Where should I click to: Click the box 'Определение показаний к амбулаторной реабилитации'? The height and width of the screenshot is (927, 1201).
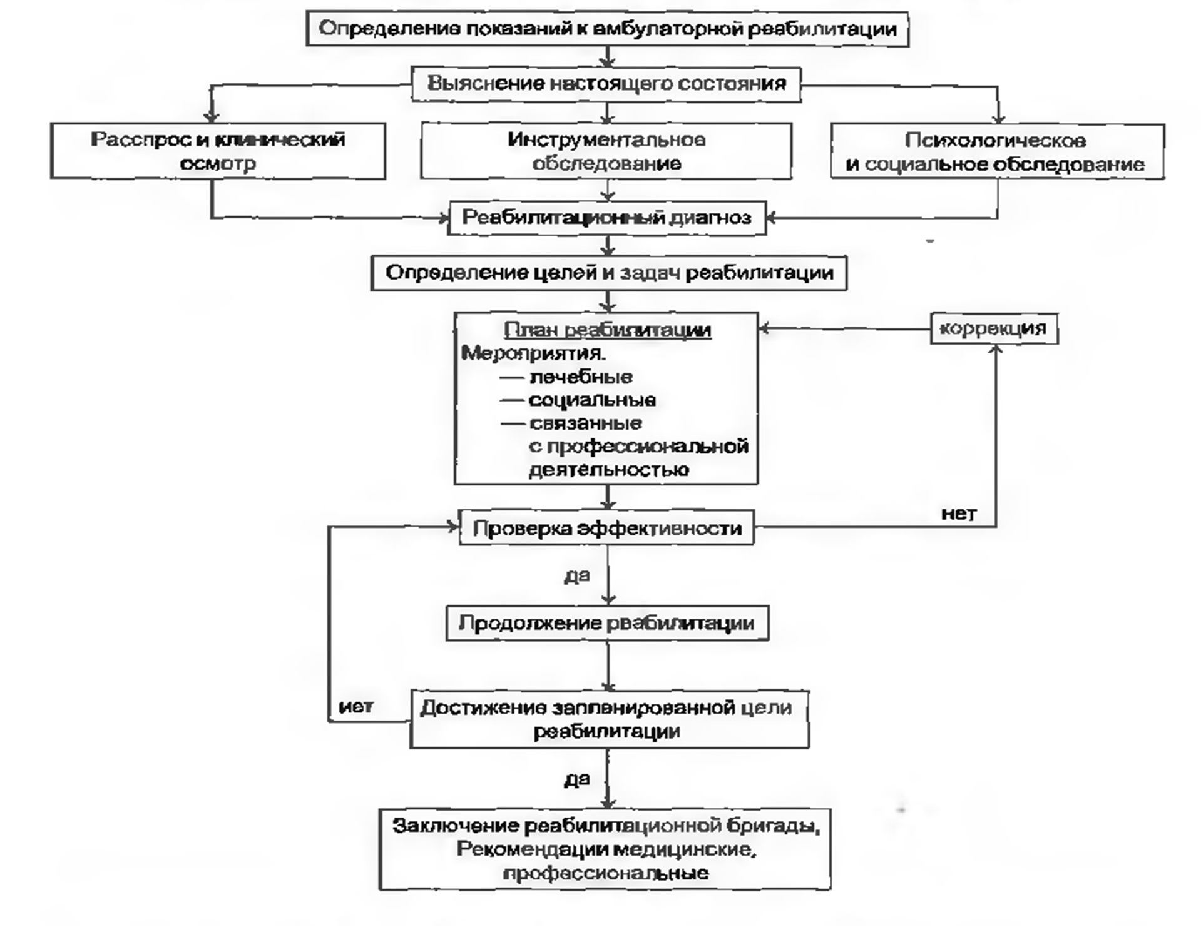coord(606,29)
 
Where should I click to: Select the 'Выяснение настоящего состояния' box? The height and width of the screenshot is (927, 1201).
coord(606,84)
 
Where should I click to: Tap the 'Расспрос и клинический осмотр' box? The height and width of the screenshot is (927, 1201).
coord(218,151)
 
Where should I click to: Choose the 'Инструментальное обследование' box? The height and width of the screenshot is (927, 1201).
coord(606,151)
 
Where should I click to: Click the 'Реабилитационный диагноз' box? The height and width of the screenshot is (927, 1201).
coord(606,218)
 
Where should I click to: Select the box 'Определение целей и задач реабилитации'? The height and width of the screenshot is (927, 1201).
coord(608,273)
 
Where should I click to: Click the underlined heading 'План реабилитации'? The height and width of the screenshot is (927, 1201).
coord(607,330)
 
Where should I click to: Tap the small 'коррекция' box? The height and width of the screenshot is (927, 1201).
coord(993,328)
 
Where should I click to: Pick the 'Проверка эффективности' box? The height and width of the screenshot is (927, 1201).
coord(606,529)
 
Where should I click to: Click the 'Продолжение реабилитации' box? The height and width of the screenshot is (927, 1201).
coord(606,623)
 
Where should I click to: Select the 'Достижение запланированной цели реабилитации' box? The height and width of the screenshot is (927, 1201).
coord(609,719)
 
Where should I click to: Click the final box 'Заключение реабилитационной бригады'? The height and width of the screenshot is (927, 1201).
coord(605,849)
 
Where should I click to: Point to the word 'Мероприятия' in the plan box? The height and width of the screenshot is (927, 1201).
coord(533,353)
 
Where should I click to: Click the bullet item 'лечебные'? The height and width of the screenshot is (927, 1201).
coord(580,377)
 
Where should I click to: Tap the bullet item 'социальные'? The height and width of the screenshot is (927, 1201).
coord(592,400)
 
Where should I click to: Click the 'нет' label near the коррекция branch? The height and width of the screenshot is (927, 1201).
coord(958,514)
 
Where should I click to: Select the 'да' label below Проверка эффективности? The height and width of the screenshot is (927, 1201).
coord(576,575)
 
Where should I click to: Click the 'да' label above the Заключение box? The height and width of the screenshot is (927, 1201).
coord(576,779)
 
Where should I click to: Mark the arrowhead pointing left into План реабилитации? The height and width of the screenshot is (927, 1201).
coord(764,328)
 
